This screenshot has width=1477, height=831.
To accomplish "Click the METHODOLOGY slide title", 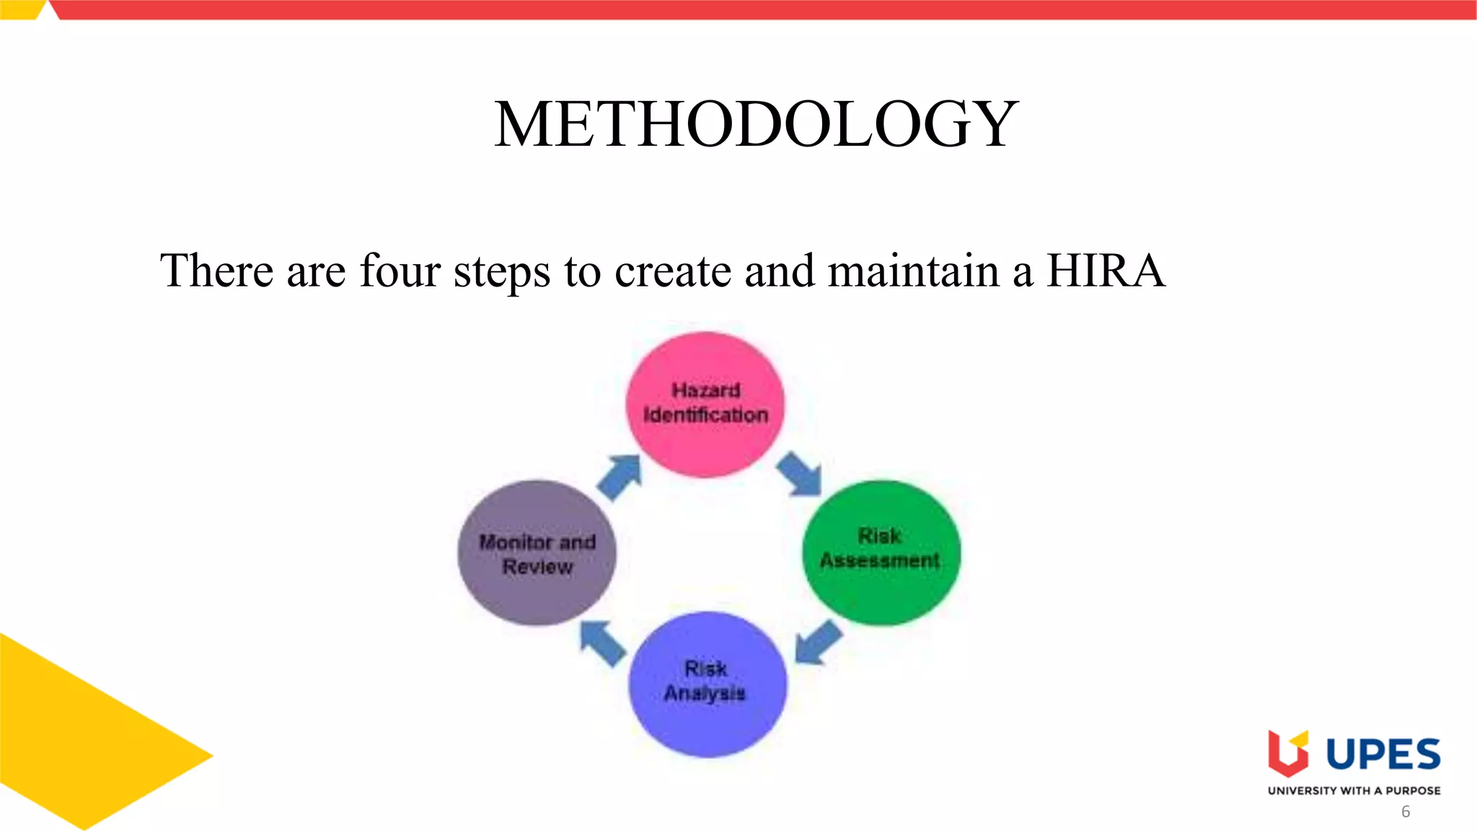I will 756,124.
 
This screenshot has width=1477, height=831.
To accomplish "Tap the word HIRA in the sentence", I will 1105,271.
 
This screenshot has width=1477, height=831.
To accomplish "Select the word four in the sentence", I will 400,271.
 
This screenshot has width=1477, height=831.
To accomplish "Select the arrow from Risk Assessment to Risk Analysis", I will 818,642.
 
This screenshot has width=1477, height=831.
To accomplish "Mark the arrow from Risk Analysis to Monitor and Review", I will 603,642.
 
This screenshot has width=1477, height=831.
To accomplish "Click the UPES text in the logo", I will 1383,755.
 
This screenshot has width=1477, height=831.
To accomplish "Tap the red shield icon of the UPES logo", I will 1288,755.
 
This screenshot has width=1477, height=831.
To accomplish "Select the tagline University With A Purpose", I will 1354,791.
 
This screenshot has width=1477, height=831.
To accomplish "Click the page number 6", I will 1406,812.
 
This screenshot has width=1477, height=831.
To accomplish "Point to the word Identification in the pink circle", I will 705,415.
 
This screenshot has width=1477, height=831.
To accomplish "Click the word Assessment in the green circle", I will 880,560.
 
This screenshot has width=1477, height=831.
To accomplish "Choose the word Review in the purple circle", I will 538,567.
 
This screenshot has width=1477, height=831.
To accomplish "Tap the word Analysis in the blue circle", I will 705,693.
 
